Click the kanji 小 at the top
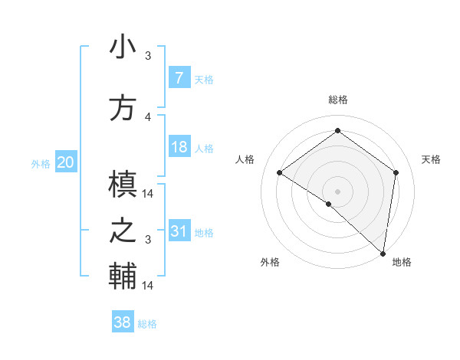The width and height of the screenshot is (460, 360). (123, 47)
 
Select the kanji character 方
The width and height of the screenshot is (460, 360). (123, 108)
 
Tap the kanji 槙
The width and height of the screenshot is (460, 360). (123, 185)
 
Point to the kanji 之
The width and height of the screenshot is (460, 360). (123, 232)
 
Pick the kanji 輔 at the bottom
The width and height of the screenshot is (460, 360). (123, 277)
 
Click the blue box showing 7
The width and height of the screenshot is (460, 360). (179, 78)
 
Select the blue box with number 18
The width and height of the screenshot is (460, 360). (179, 147)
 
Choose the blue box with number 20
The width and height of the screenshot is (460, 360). (66, 162)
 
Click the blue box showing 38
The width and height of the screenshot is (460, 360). (122, 322)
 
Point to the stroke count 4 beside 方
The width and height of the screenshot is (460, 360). (148, 116)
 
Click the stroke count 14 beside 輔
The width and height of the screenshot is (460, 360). (148, 285)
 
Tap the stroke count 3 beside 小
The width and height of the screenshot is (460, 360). (148, 56)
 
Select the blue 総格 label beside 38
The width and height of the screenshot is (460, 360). (147, 324)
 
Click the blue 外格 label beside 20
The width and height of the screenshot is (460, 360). (41, 163)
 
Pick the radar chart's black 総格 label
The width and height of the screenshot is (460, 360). (337, 100)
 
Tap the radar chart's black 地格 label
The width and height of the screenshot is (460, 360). (402, 262)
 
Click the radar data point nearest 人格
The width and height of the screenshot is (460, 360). (280, 172)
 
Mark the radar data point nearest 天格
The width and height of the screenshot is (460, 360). (396, 172)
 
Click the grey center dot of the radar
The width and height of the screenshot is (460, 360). (337, 191)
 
